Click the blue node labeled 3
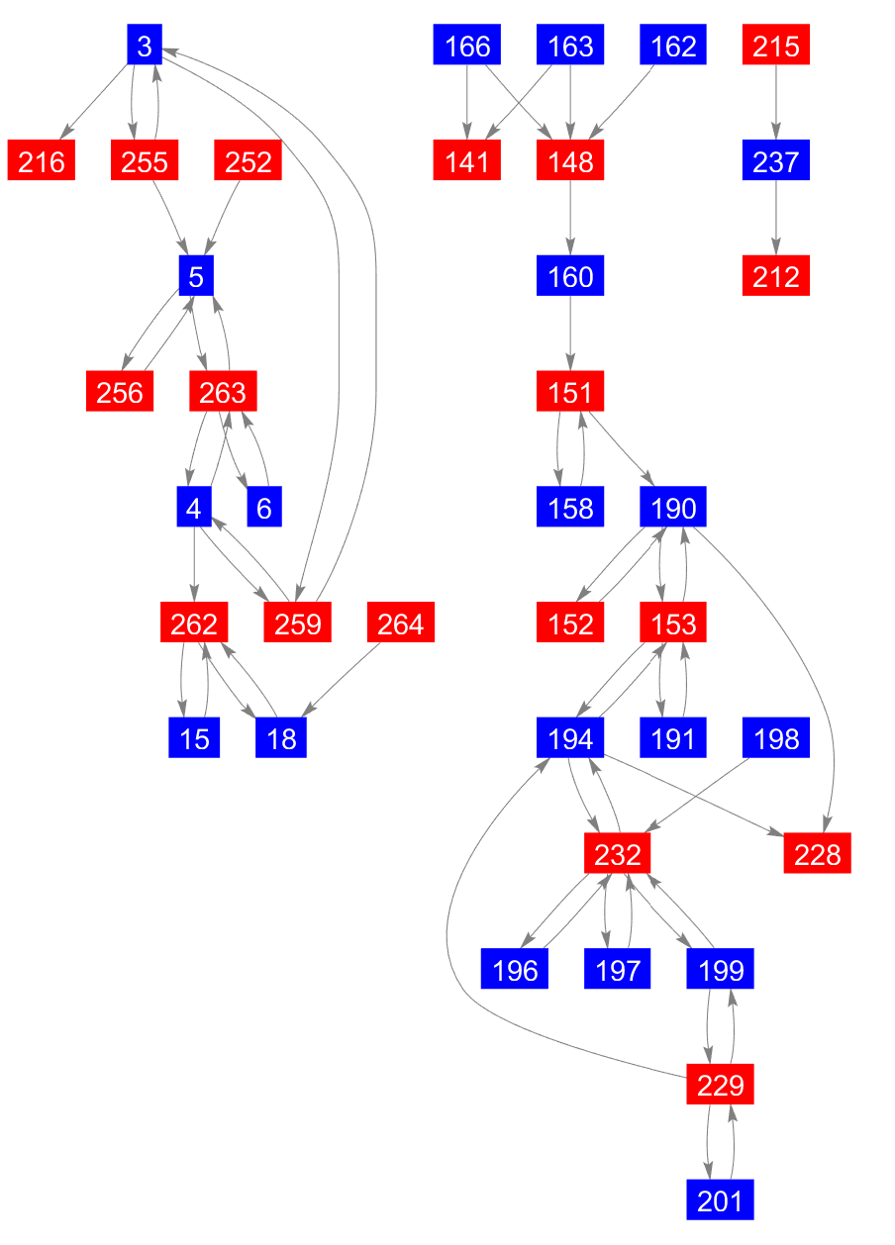(x=145, y=46)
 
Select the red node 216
(x=42, y=161)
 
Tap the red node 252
(x=249, y=161)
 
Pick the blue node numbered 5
(x=196, y=276)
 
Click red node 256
(x=120, y=393)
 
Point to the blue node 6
(x=263, y=509)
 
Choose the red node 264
(x=400, y=624)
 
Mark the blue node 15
(x=194, y=739)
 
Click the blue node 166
(x=467, y=46)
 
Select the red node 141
(x=467, y=161)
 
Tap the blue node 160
(x=570, y=276)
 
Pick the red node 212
(x=776, y=276)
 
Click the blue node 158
(x=570, y=509)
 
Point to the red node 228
(x=817, y=854)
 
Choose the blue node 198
(x=776, y=739)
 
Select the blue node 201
(x=720, y=1200)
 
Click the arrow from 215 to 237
(x=776, y=103)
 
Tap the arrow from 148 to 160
(x=570, y=218)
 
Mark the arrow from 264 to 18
(x=342, y=682)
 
